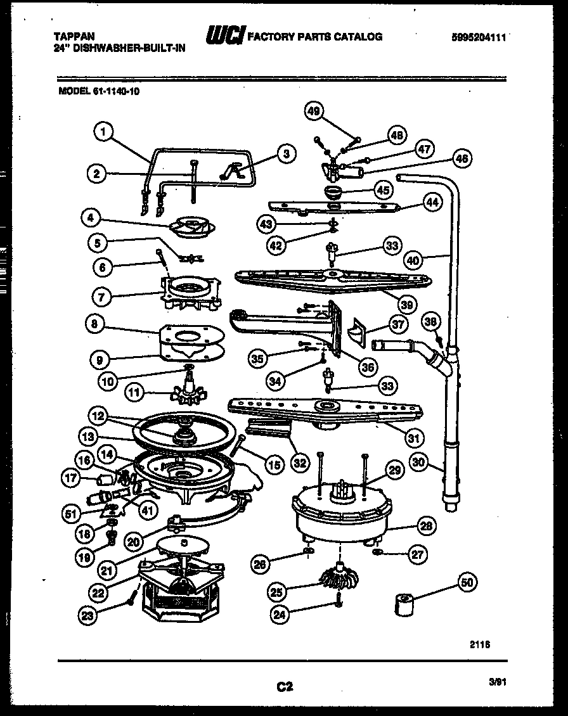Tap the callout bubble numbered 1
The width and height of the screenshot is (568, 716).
103,131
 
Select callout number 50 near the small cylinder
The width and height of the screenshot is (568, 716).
468,582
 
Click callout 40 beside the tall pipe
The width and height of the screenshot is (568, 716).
413,259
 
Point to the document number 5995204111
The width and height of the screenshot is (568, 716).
479,37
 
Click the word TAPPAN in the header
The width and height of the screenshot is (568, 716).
68,37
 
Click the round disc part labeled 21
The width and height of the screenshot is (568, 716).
183,544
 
